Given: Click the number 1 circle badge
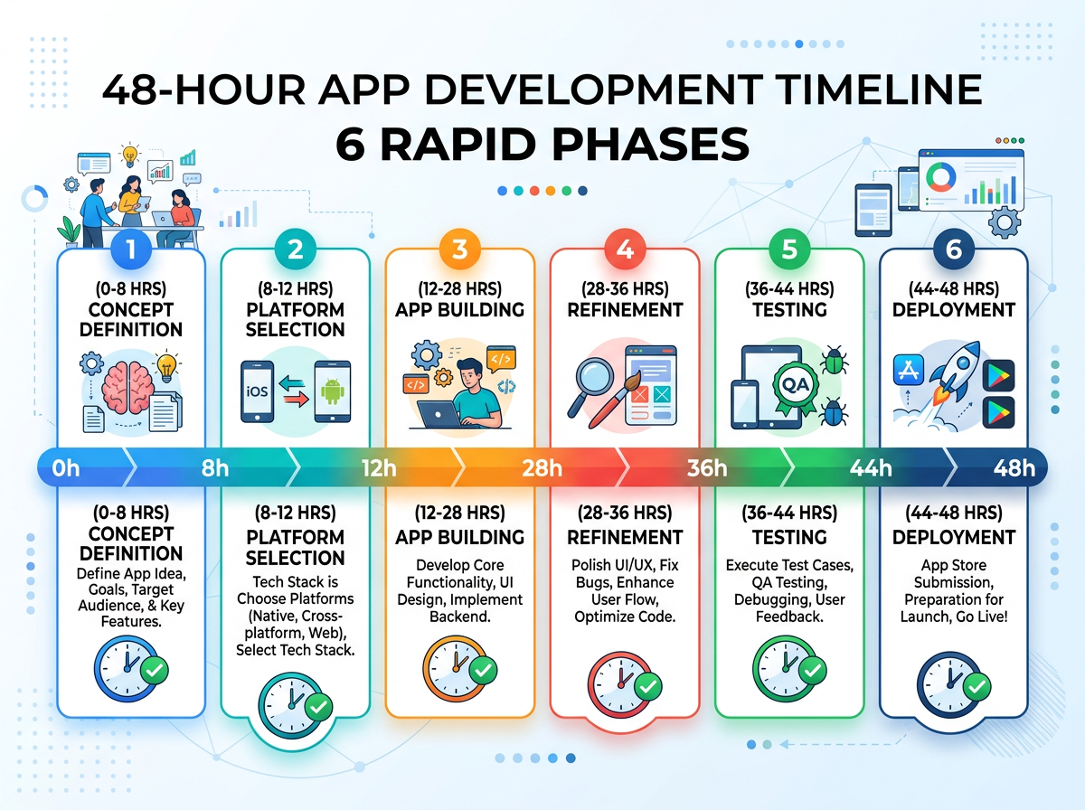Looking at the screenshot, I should (x=131, y=250).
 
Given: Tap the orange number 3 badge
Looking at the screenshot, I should (x=460, y=250).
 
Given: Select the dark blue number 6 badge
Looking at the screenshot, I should (x=953, y=250).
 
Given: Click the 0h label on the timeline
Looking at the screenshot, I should (x=66, y=468).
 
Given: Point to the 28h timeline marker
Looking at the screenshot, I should (x=542, y=468).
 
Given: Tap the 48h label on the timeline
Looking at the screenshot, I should (x=1014, y=468).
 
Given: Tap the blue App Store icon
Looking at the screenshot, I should (x=905, y=372).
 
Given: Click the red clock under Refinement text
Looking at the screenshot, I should (x=618, y=681).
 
